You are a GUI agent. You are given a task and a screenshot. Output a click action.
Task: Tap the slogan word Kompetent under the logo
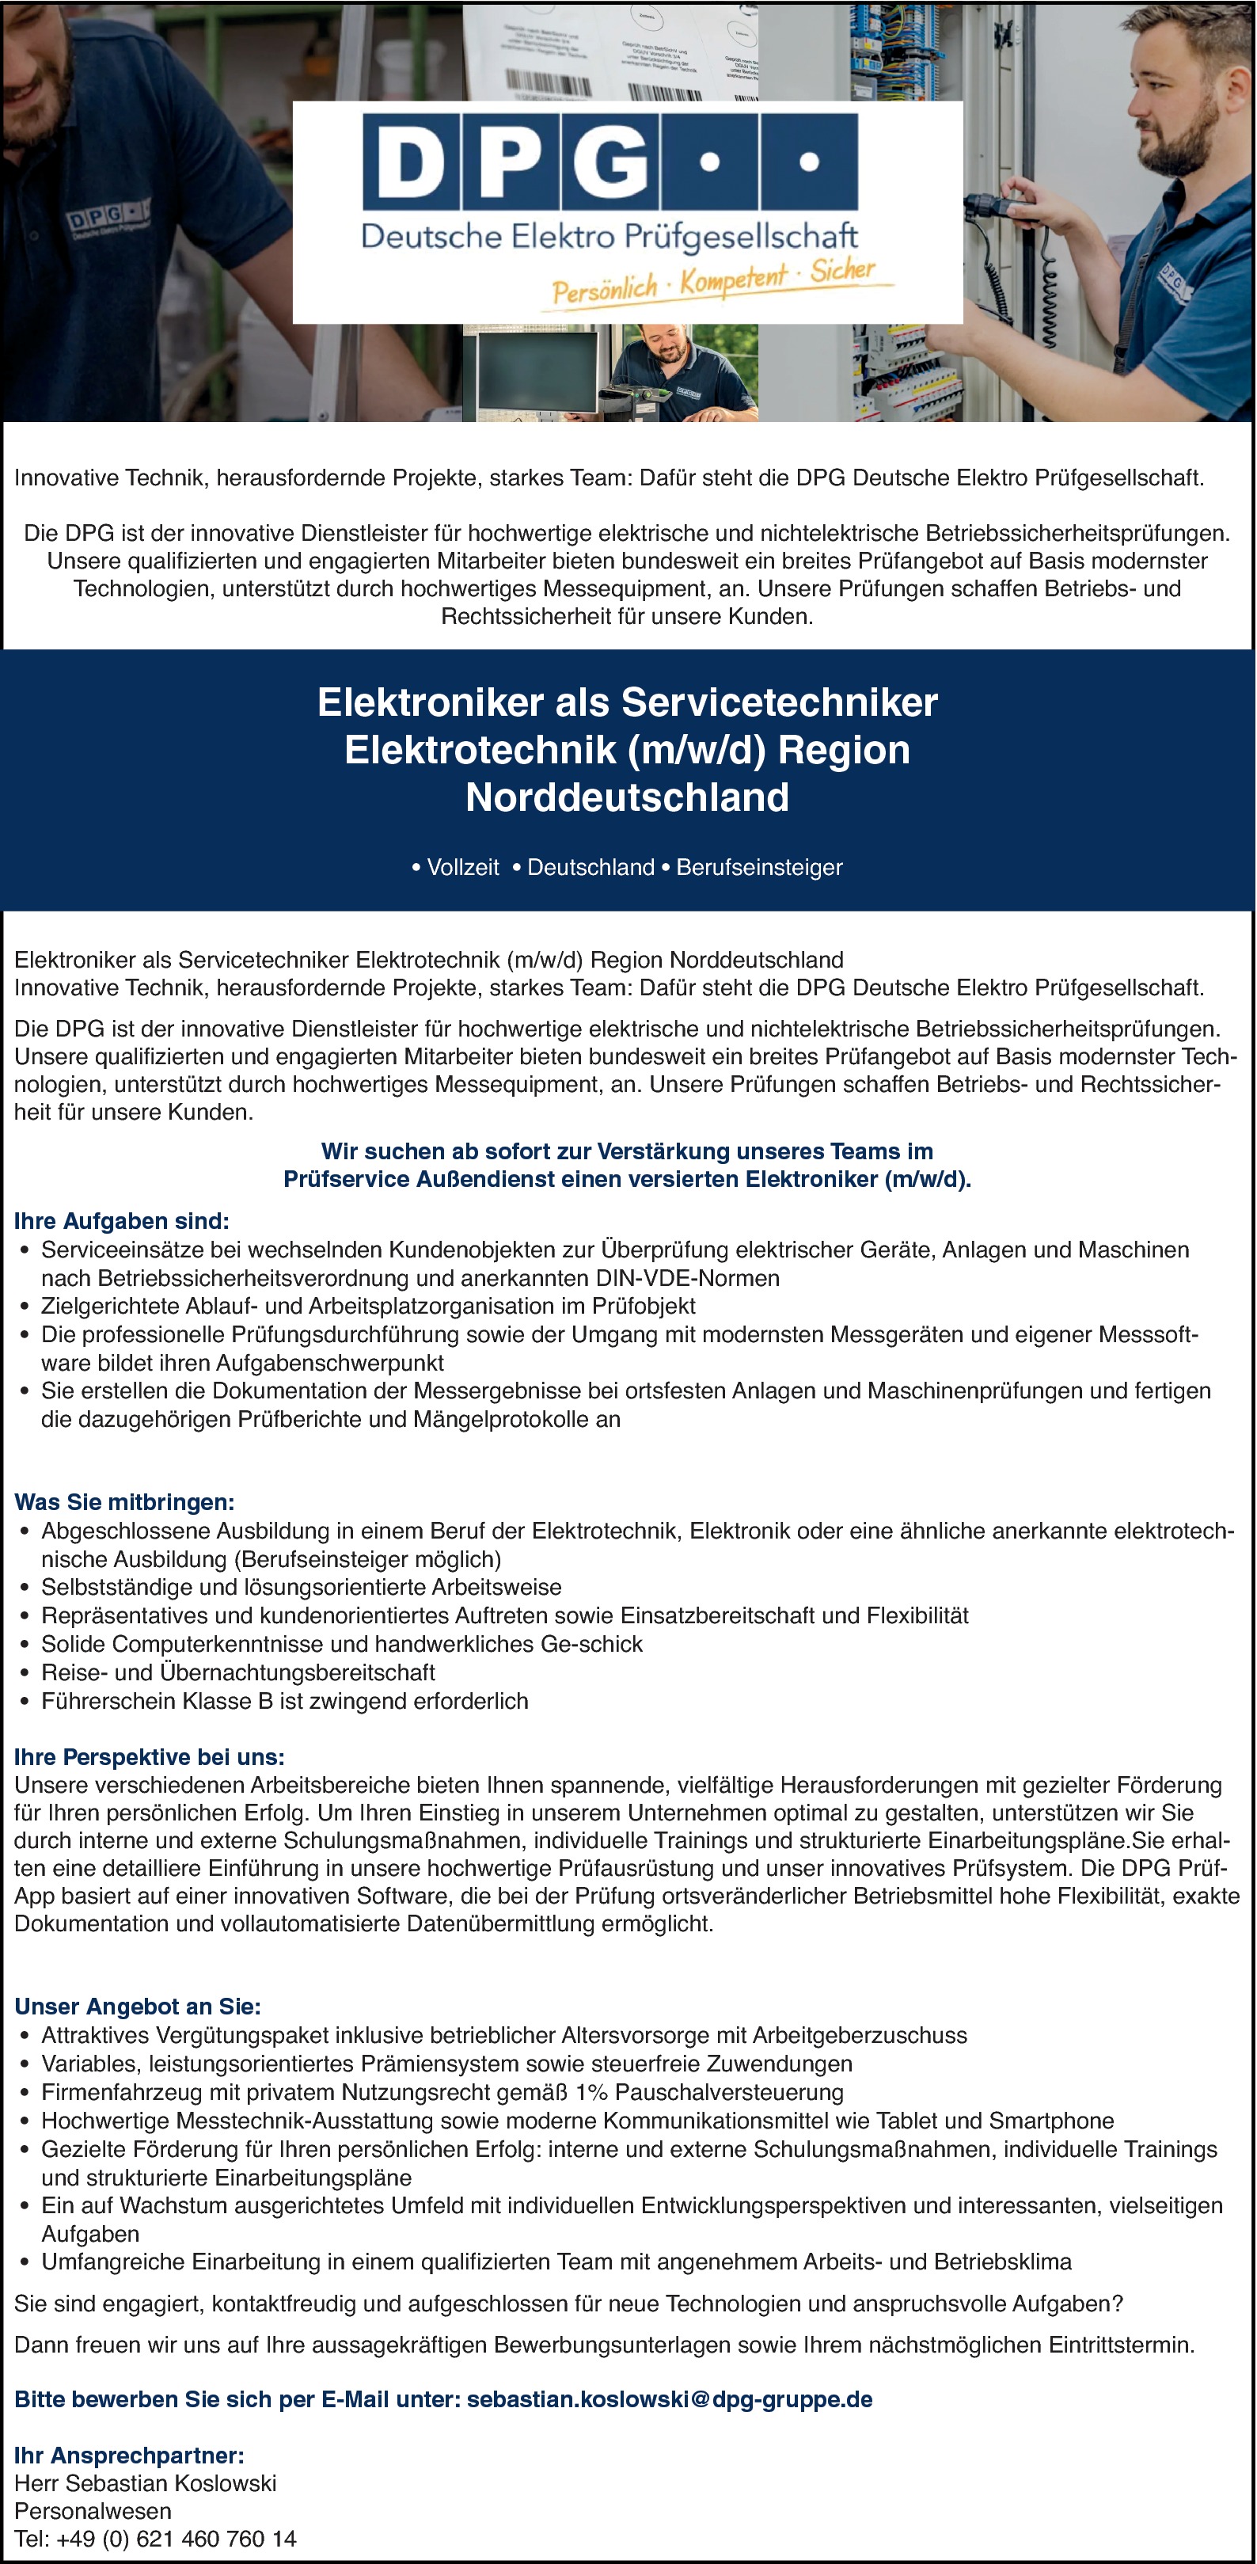coord(734,280)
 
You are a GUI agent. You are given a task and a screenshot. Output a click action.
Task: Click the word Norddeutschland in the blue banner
coord(627,797)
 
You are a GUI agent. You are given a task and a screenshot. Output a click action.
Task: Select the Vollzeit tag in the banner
coord(461,867)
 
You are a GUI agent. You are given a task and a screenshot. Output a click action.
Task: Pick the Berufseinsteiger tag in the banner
coord(758,867)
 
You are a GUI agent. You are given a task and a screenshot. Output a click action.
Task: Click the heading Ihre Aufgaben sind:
coord(121,1220)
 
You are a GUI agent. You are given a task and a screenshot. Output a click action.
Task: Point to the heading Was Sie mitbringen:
coord(124,1502)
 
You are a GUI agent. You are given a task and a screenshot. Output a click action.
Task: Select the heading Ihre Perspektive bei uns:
coord(150,1757)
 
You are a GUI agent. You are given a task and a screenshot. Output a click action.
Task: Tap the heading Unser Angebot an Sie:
coord(138,2007)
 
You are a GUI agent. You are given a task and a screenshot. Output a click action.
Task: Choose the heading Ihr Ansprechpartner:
coord(129,2456)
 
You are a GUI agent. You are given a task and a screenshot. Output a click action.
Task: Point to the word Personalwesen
coord(93,2511)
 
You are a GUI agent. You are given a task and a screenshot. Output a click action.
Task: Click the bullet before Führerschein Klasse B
coord(26,1702)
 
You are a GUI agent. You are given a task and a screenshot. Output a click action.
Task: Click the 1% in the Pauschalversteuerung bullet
coord(591,2092)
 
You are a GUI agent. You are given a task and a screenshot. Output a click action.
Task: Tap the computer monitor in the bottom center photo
coord(535,371)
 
